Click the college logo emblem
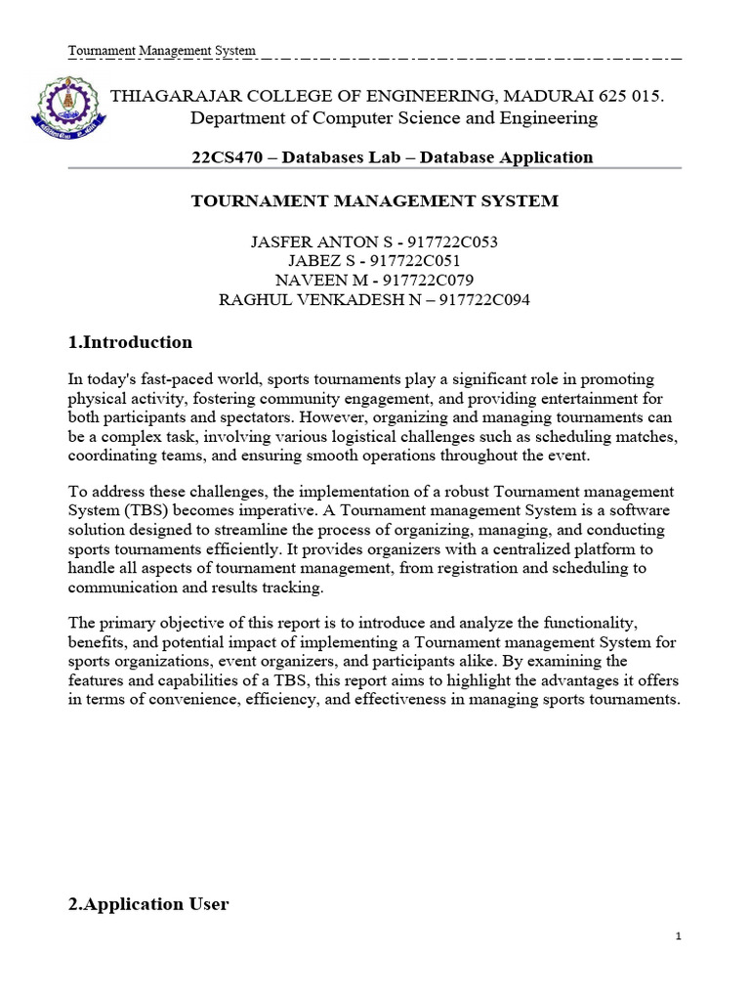point(70,109)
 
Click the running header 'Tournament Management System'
point(162,50)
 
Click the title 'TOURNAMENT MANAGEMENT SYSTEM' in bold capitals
point(374,200)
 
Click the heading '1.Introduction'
point(130,342)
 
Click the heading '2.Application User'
point(148,904)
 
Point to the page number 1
point(678,936)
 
